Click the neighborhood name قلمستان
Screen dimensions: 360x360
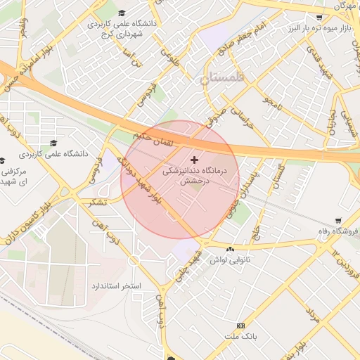(x=224, y=79)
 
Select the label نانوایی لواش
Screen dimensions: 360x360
(x=230, y=260)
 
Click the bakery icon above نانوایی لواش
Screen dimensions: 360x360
(x=230, y=250)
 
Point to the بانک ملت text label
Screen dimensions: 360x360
(x=240, y=336)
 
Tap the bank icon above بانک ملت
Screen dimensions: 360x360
(x=240, y=326)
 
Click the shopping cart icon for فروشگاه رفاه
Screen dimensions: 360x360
(x=338, y=221)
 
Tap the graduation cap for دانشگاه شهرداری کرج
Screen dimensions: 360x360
(x=122, y=13)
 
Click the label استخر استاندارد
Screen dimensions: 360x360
(x=117, y=286)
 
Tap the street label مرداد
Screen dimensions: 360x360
(x=312, y=313)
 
